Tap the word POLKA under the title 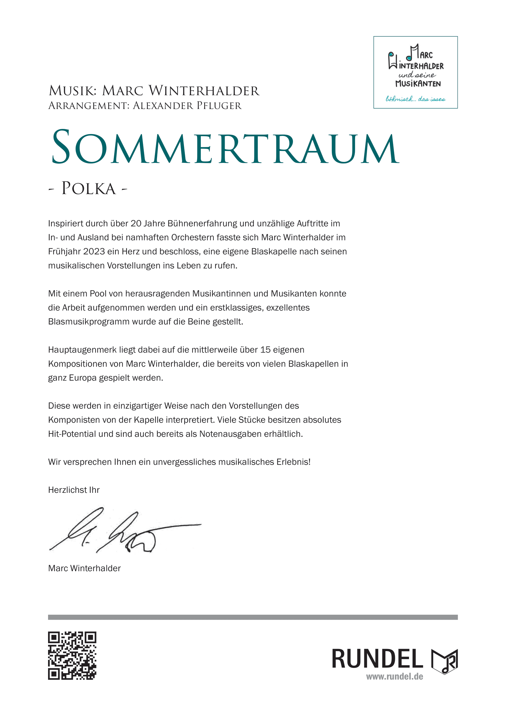[88, 188]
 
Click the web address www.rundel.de [394, 677]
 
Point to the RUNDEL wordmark [377, 659]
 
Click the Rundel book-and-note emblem [444, 661]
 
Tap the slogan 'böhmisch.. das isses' [415, 99]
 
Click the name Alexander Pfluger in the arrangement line [187, 106]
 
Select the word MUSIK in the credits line [73, 91]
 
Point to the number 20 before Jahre [136, 223]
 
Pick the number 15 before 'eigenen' [265, 350]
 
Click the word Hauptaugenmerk [82, 350]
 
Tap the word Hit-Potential [72, 434]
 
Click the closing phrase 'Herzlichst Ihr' [74, 490]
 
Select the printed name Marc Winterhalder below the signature [84, 568]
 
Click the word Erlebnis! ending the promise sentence [293, 462]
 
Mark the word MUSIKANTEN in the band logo [418, 84]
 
